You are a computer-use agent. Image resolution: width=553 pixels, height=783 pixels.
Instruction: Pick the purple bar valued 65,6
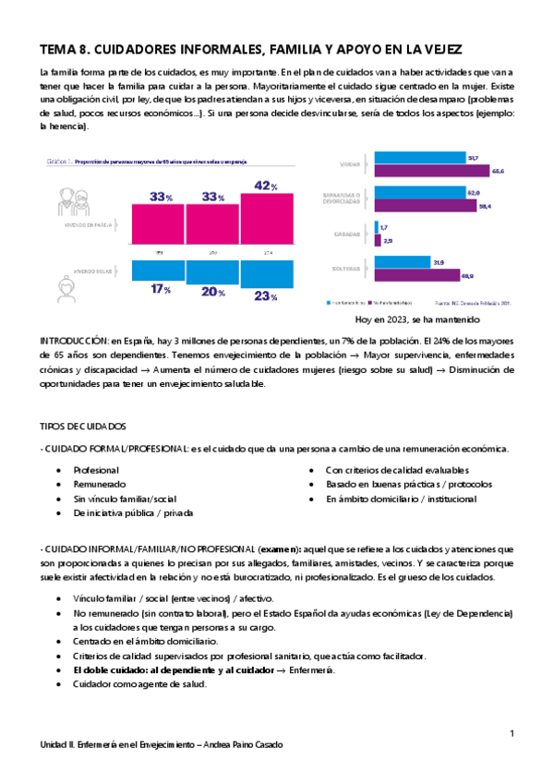point(433,171)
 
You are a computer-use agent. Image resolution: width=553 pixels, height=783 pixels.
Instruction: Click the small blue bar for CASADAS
point(377,227)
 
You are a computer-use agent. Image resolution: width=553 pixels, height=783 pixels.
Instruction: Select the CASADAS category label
point(349,234)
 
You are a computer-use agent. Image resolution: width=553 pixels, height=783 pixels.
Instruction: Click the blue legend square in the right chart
point(329,301)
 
